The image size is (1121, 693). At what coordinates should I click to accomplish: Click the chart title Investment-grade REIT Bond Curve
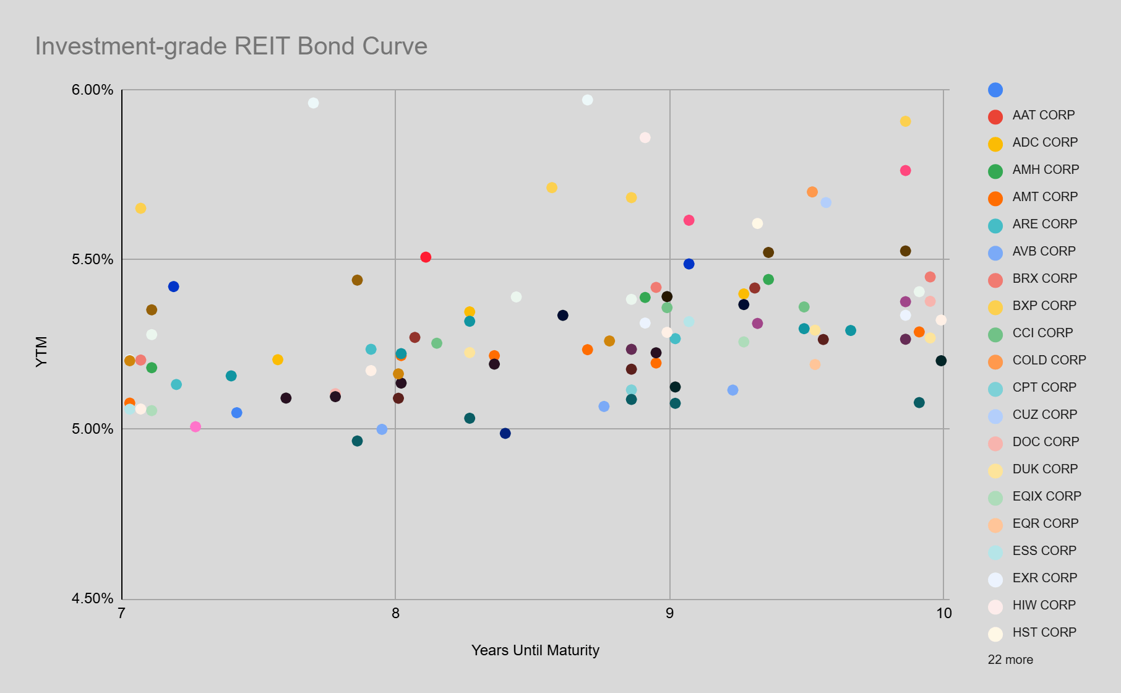[x=231, y=46]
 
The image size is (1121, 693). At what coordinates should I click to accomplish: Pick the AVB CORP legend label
[x=1044, y=251]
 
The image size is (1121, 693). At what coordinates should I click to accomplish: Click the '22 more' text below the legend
[x=1010, y=660]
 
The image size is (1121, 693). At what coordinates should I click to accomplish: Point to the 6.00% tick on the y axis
[x=93, y=90]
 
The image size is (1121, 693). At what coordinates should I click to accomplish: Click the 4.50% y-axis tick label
[x=93, y=598]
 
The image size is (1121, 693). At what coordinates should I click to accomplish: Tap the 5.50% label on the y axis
[x=93, y=259]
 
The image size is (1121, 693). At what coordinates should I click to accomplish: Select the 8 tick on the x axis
[x=395, y=613]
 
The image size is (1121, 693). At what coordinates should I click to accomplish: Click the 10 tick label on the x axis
[x=943, y=613]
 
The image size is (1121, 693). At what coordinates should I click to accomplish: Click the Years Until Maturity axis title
[x=535, y=650]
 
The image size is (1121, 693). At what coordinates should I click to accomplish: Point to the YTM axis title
[x=41, y=351]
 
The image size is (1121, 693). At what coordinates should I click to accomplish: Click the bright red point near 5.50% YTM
[x=426, y=257]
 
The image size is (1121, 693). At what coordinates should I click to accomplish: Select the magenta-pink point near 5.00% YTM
[x=195, y=427]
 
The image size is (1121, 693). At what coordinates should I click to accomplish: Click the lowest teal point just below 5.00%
[x=357, y=441]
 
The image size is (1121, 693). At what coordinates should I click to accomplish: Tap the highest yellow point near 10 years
[x=905, y=121]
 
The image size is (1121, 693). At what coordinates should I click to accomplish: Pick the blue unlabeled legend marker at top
[x=995, y=90]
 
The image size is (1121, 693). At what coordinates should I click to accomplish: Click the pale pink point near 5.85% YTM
[x=645, y=137]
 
